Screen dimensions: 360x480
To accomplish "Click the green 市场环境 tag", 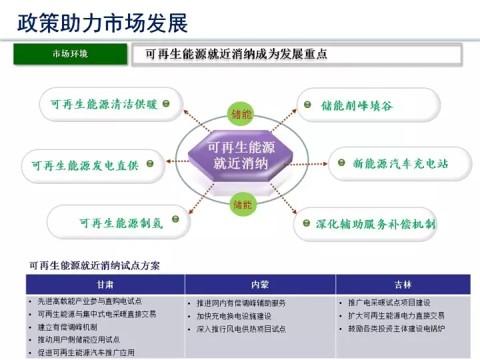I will pyautogui.click(x=70, y=54).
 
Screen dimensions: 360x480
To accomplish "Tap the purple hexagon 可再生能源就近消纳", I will pyautogui.click(x=241, y=155).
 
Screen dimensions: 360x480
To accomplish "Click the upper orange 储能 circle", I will pyautogui.click(x=241, y=114).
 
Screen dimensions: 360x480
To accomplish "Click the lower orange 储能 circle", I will pyautogui.click(x=242, y=204).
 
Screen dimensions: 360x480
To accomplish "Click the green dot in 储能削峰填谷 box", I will pyautogui.click(x=308, y=105).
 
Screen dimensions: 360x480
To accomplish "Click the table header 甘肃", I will pyautogui.click(x=105, y=284).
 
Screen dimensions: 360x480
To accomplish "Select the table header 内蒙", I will pyautogui.click(x=260, y=284).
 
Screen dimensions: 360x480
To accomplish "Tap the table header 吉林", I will pyautogui.click(x=403, y=284).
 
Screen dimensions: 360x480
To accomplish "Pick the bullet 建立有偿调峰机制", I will pyautogui.click(x=67, y=327).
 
